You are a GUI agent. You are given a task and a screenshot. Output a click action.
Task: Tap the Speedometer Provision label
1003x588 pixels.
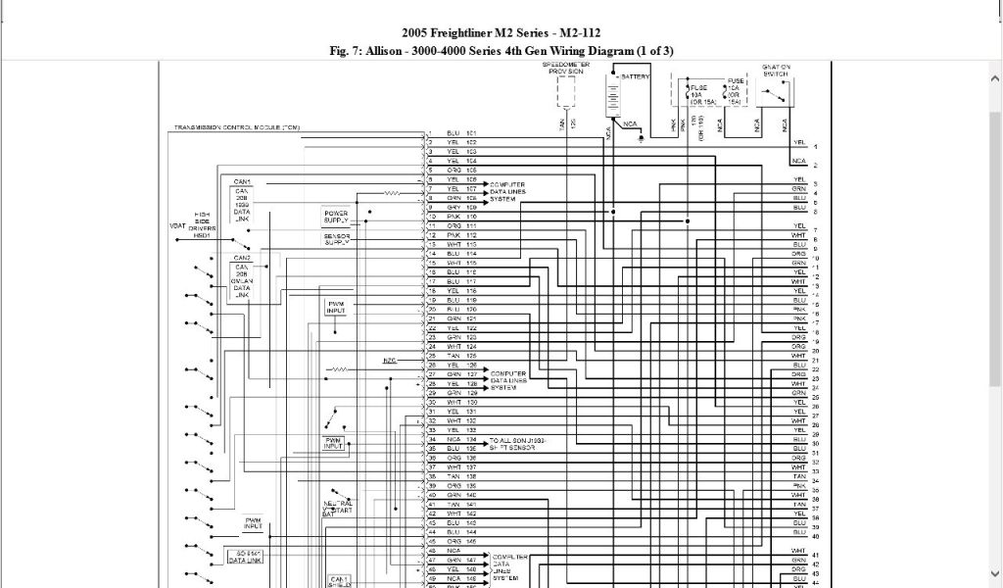(x=565, y=69)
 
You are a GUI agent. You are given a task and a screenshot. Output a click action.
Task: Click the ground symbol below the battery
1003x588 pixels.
(x=641, y=138)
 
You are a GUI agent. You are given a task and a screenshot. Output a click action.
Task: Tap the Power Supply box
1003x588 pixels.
(x=336, y=217)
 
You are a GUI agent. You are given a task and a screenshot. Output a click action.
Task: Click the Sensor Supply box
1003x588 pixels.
(x=336, y=239)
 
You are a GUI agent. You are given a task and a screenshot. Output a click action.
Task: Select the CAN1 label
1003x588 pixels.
(x=242, y=182)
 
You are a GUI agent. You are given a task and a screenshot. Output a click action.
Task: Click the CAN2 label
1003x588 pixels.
(x=242, y=258)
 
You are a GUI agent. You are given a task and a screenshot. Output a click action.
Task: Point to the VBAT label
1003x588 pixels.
(x=176, y=226)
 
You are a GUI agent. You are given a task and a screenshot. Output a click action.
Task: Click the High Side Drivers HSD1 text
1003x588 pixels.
(x=202, y=224)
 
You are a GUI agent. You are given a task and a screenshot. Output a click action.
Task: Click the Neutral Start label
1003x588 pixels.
(x=337, y=508)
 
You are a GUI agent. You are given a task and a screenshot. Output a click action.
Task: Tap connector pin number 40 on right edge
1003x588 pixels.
(x=815, y=537)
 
